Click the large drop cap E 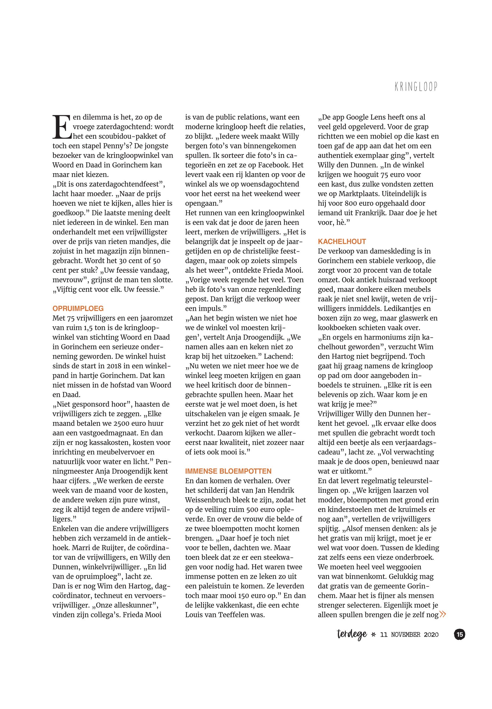click(x=62, y=127)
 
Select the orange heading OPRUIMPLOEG click(x=78, y=308)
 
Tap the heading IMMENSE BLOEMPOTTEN click(x=228, y=471)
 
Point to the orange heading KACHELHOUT click(x=342, y=241)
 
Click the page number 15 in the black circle click(x=460, y=634)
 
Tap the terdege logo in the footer click(x=352, y=634)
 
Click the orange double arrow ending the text click(x=443, y=614)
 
